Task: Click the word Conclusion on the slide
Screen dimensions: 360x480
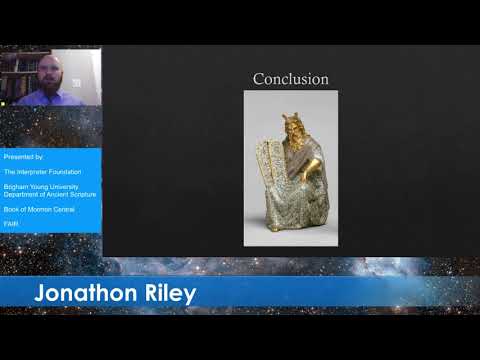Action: point(290,78)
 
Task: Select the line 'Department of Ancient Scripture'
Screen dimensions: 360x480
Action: point(49,194)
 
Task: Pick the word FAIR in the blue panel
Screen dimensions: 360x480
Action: point(11,224)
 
